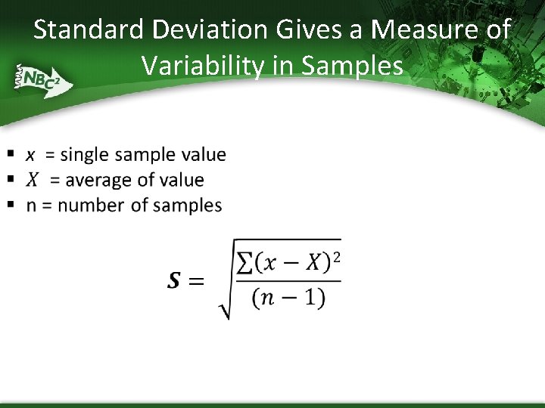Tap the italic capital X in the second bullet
click(32, 180)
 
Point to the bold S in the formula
click(174, 281)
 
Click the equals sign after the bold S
click(196, 281)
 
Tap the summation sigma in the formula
click(244, 263)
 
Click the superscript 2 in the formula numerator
click(336, 257)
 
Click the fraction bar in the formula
click(288, 282)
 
